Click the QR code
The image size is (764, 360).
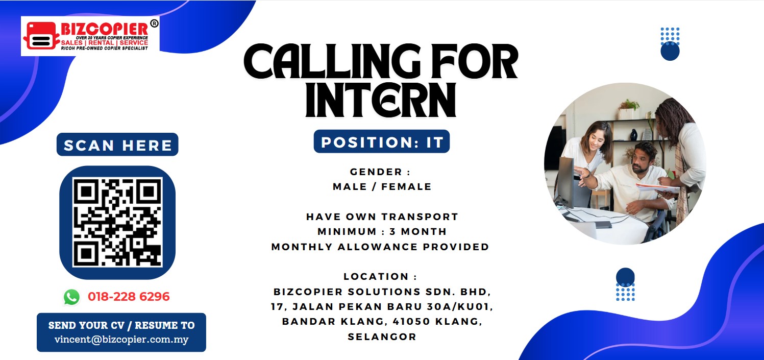[117, 222]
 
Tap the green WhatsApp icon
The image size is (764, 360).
[71, 297]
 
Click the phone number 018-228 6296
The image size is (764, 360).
[129, 297]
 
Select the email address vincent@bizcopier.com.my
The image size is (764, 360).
[121, 340]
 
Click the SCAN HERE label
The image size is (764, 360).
[118, 145]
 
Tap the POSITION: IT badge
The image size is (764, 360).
[382, 141]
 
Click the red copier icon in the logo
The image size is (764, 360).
[40, 35]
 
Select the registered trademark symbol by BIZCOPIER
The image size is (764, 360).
[154, 23]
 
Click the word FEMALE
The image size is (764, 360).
[407, 187]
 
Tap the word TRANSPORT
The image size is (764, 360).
[420, 217]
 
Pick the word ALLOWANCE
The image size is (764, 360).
[378, 247]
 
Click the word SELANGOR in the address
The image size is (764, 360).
[382, 337]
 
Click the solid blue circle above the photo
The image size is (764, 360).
[670, 51]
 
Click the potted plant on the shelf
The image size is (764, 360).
[628, 109]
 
